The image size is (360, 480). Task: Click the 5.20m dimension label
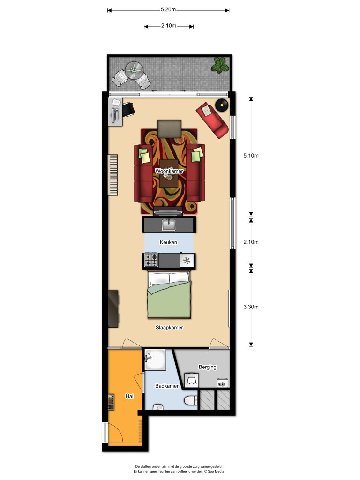tap(168, 9)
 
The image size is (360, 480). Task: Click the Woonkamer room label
tap(169, 172)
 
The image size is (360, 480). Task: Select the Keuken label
tap(168, 242)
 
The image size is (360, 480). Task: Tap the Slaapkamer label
tap(169, 328)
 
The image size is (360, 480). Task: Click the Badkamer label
tap(167, 386)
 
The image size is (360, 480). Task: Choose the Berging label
tap(207, 367)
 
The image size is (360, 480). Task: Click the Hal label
tap(130, 396)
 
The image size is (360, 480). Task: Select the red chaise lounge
tap(214, 120)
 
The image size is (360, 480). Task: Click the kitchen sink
tap(169, 225)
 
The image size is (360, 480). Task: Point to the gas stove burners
tap(151, 260)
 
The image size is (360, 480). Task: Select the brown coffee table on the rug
tap(169, 173)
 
